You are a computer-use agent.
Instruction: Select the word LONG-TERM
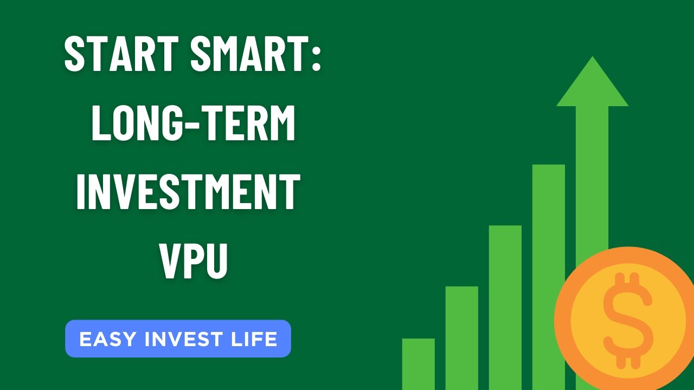194,123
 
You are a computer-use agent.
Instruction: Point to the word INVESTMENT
188,192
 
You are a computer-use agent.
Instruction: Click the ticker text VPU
194,262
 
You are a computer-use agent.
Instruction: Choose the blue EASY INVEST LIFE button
178,339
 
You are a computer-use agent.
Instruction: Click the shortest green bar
418,363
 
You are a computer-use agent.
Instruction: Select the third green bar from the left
505,307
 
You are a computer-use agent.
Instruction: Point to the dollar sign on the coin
628,319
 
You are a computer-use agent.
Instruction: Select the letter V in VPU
171,262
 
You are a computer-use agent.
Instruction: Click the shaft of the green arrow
592,173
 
